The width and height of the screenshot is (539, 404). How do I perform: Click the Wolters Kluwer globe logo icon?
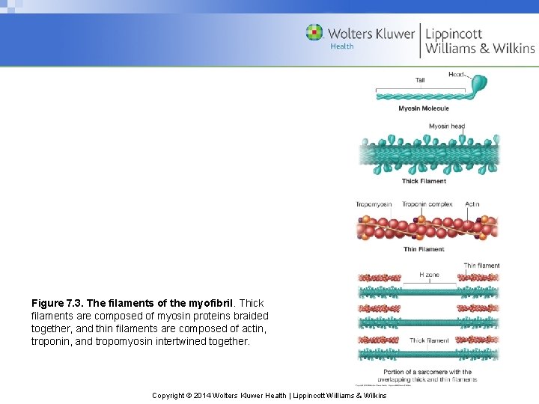pyautogui.click(x=314, y=32)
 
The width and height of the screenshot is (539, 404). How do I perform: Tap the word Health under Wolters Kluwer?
pyautogui.click(x=342, y=46)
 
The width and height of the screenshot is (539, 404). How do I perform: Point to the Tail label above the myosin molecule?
pyautogui.click(x=420, y=81)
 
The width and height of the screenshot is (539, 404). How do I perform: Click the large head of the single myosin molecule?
pyautogui.click(x=478, y=84)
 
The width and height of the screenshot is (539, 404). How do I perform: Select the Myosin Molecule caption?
pyautogui.click(x=424, y=108)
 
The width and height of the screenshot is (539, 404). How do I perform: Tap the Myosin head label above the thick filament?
pyautogui.click(x=447, y=126)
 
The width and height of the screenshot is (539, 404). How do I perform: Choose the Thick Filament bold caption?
pyautogui.click(x=424, y=181)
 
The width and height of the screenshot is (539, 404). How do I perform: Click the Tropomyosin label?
pyautogui.click(x=374, y=204)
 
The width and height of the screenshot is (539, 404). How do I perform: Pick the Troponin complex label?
pyautogui.click(x=427, y=204)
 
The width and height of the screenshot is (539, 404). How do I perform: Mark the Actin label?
pyautogui.click(x=472, y=204)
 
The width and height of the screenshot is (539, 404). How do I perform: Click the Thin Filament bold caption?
pyautogui.click(x=424, y=249)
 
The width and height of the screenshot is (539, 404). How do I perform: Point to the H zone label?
pyautogui.click(x=429, y=275)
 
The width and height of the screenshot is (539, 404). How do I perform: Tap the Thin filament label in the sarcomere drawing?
pyautogui.click(x=481, y=266)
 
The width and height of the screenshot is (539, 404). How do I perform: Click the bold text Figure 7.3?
pyautogui.click(x=57, y=304)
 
